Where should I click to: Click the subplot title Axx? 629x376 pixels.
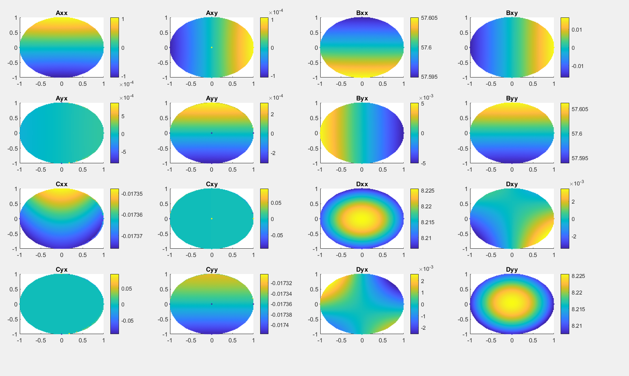point(61,13)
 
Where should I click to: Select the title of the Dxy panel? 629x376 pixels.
point(512,184)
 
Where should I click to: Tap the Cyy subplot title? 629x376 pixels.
point(212,270)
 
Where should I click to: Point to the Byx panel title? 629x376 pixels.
point(362,98)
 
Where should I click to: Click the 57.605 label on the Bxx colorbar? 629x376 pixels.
point(429,18)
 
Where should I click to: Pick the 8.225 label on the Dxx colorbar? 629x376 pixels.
point(427,191)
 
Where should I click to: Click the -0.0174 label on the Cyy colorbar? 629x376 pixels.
point(280,325)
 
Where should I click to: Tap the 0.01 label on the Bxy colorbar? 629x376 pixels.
point(576,30)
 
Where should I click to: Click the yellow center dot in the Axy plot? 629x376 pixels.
point(212,47)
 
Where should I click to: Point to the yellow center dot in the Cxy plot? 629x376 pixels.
point(212,219)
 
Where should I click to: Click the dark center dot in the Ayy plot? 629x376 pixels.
point(212,133)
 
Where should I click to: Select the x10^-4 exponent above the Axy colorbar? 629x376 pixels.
point(276,12)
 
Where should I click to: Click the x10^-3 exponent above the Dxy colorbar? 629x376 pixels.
point(576,183)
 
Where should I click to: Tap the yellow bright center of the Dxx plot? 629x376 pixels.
point(362,219)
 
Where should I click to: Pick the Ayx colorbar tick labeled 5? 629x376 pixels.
point(123,116)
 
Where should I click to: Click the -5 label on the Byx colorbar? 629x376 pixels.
point(423,163)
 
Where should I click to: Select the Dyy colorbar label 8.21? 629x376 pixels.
point(576,326)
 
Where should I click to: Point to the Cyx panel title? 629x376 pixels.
point(61,270)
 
